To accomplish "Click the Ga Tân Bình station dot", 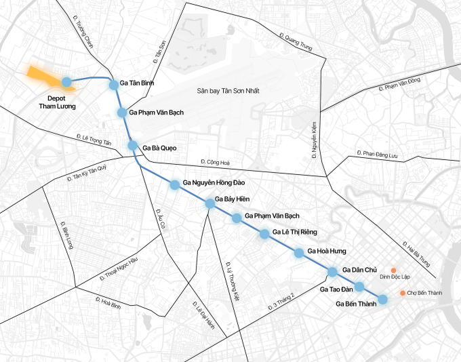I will coord(114,83).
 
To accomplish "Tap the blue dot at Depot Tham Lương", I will coord(66,83).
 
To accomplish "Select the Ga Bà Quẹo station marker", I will coord(134,146).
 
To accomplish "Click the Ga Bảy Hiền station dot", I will coord(209,203).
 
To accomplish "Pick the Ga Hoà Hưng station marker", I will coord(299,253).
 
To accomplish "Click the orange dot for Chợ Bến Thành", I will coord(403,293).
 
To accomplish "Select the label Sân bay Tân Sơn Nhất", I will coord(228,91).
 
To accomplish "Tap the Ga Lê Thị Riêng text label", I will coord(295,233).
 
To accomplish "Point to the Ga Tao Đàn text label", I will coord(337,288).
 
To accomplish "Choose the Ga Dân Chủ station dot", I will coord(333,272).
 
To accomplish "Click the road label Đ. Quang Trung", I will coord(295,42).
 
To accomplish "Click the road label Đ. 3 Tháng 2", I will coord(283,301).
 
